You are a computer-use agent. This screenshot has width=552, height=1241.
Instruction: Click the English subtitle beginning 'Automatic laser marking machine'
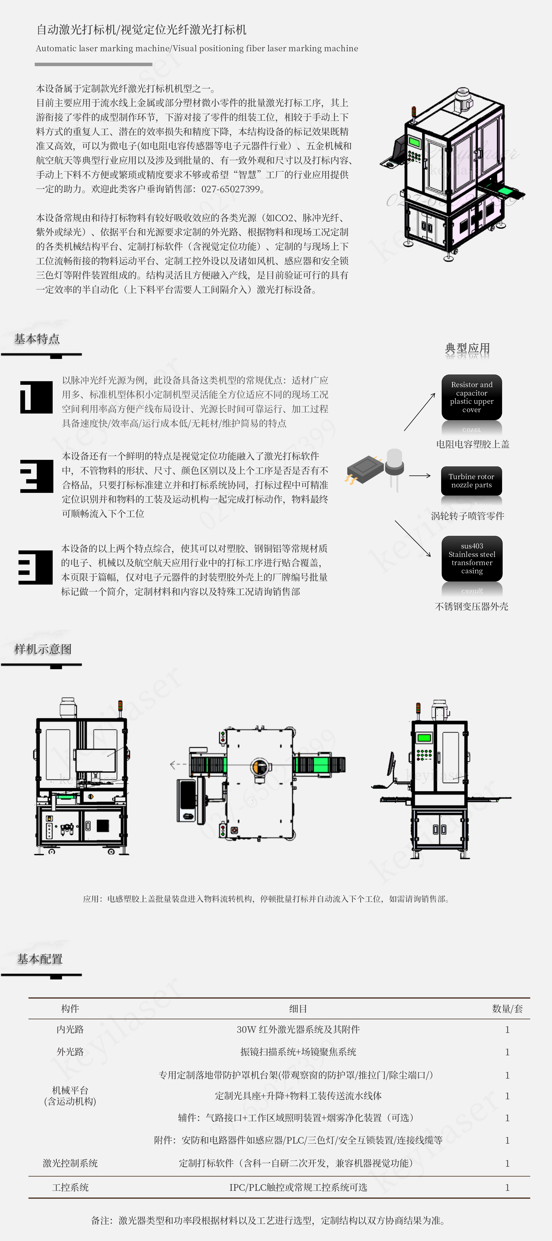(x=197, y=48)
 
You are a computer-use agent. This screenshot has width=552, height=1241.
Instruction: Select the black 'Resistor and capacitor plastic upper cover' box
(x=472, y=397)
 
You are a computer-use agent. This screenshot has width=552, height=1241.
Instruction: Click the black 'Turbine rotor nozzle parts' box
(x=472, y=480)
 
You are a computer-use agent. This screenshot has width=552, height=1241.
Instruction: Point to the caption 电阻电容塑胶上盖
(x=472, y=444)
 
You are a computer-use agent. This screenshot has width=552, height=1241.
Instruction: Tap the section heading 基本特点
(x=37, y=339)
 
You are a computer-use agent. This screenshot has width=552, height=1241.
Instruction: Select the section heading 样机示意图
(x=43, y=649)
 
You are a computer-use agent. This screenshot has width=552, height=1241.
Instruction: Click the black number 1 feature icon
(x=36, y=397)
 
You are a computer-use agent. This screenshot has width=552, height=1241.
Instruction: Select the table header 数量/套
(x=507, y=1008)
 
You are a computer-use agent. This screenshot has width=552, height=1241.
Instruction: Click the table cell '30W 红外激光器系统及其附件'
(x=298, y=1029)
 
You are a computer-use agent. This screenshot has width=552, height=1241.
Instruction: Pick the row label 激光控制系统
(x=70, y=1163)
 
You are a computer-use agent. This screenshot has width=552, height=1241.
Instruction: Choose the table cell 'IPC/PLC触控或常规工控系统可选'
(x=298, y=1187)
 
